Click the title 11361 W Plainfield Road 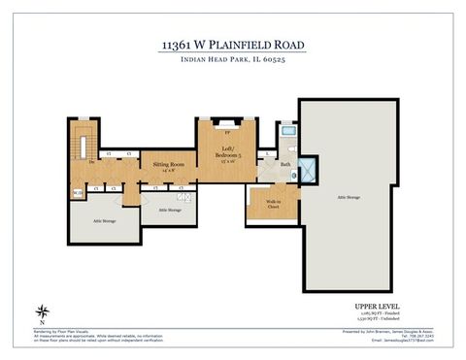pyautogui.click(x=232, y=45)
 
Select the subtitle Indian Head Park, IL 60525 pyautogui.click(x=232, y=60)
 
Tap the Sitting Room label pyautogui.click(x=168, y=165)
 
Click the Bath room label pyautogui.click(x=285, y=165)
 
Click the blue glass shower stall pyautogui.click(x=307, y=169)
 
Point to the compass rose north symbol pyautogui.click(x=42, y=311)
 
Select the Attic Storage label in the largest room pyautogui.click(x=349, y=197)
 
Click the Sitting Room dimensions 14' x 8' pyautogui.click(x=168, y=172)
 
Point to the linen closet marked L pyautogui.click(x=266, y=153)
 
